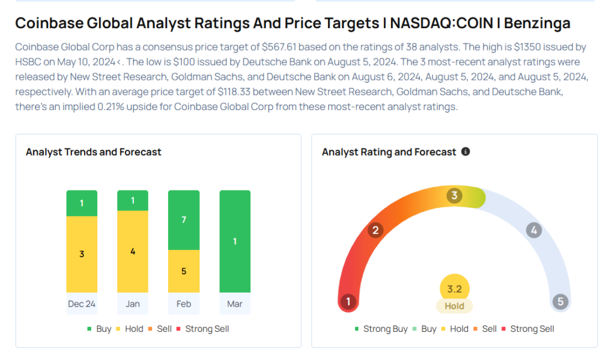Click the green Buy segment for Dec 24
tap(82, 203)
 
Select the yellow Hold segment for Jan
tap(133, 251)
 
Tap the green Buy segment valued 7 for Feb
tap(184, 220)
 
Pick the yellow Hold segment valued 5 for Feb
tap(184, 271)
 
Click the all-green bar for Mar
tap(235, 242)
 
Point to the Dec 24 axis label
tap(82, 304)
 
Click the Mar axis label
tap(235, 304)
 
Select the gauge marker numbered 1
tap(347, 302)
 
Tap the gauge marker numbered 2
tap(375, 230)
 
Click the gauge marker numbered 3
tap(455, 195)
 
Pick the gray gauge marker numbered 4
tap(533, 230)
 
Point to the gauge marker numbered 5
tap(561, 302)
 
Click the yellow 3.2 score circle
tap(454, 289)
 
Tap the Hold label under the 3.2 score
tap(454, 306)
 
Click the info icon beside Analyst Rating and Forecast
tap(465, 152)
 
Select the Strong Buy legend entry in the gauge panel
tap(382, 329)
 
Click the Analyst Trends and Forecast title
tap(93, 152)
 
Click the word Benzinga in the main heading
tap(537, 23)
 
